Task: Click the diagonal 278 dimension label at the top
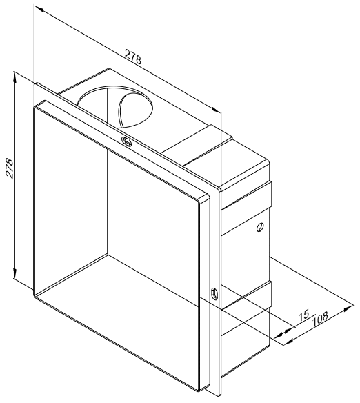(133, 57)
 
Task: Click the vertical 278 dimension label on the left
(10, 168)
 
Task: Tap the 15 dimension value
(303, 315)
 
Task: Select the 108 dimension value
(320, 319)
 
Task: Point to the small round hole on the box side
(259, 227)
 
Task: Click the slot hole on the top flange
(126, 141)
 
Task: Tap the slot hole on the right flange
(214, 293)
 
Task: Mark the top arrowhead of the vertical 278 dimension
(15, 77)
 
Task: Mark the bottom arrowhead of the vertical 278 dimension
(15, 273)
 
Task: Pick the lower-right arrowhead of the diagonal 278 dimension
(216, 109)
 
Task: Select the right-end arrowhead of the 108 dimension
(349, 308)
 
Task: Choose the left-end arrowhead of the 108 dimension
(290, 342)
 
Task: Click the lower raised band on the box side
(246, 295)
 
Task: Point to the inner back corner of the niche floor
(108, 254)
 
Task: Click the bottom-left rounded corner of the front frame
(34, 295)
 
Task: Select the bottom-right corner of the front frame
(199, 391)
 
